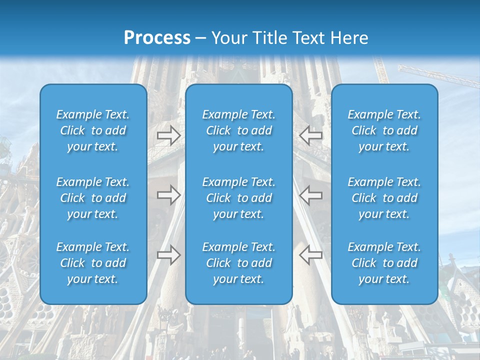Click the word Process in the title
156,37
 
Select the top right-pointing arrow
168,135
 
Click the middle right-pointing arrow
168,195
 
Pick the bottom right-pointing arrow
168,255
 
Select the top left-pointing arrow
310,135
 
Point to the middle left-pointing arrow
310,195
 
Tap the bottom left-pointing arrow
310,255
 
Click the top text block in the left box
93,130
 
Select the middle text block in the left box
93,198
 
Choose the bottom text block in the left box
93,263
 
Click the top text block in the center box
239,130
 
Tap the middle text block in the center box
239,198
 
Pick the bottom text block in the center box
239,263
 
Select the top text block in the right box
384,130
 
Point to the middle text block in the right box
384,198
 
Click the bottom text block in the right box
384,263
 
